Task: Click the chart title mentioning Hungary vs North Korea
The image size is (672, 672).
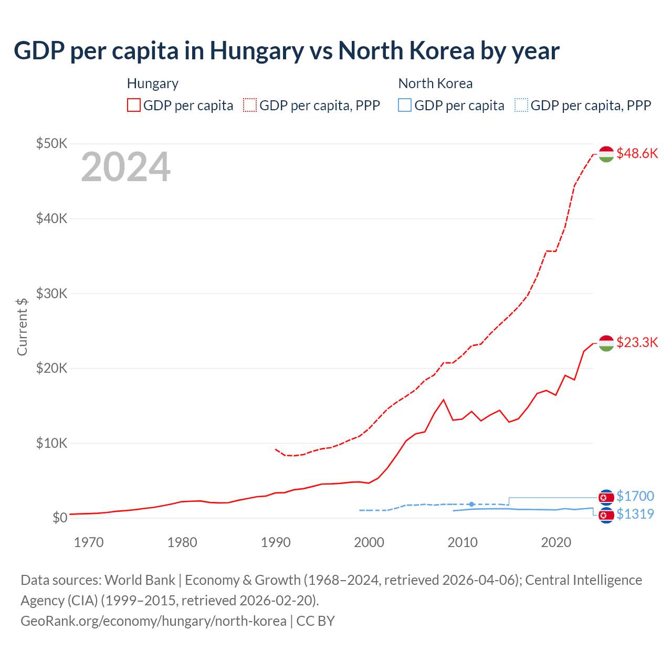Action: click(287, 51)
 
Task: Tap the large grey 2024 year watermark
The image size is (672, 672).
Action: click(125, 167)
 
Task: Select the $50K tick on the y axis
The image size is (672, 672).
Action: click(51, 143)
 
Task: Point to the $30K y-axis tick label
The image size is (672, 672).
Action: click(51, 293)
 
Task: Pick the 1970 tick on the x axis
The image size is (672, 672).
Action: click(89, 542)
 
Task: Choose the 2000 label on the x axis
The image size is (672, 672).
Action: click(369, 542)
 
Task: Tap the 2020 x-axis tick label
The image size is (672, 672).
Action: click(556, 542)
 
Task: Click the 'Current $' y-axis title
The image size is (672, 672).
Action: click(22, 327)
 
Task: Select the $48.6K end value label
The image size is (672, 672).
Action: click(637, 153)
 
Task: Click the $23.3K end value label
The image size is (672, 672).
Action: click(637, 343)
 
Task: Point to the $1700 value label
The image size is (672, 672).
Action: click(635, 496)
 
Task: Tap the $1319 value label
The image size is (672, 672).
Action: click(635, 514)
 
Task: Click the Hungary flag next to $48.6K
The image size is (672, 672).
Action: click(606, 154)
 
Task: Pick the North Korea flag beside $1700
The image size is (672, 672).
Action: click(606, 497)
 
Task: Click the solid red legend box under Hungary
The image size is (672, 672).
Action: click(134, 106)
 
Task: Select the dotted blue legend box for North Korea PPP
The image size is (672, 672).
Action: click(521, 106)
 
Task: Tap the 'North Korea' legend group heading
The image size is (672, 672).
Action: click(435, 83)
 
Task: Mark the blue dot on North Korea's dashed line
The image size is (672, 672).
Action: click(471, 504)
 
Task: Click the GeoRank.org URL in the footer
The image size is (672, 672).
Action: click(153, 621)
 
